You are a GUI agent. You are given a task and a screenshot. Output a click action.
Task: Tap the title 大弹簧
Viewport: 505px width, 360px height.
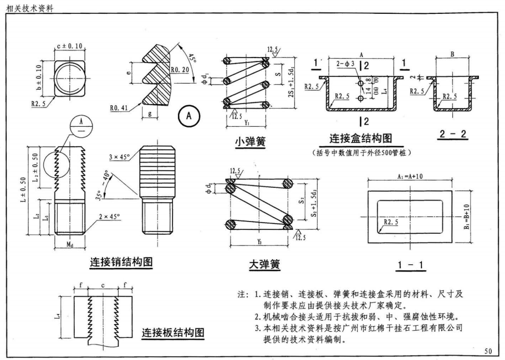[264, 265]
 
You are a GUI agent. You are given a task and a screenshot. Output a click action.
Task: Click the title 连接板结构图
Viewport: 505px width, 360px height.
[173, 333]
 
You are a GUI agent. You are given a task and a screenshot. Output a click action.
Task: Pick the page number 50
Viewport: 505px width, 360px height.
[487, 351]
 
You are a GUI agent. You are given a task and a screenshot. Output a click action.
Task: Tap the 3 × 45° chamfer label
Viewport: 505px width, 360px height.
[120, 157]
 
